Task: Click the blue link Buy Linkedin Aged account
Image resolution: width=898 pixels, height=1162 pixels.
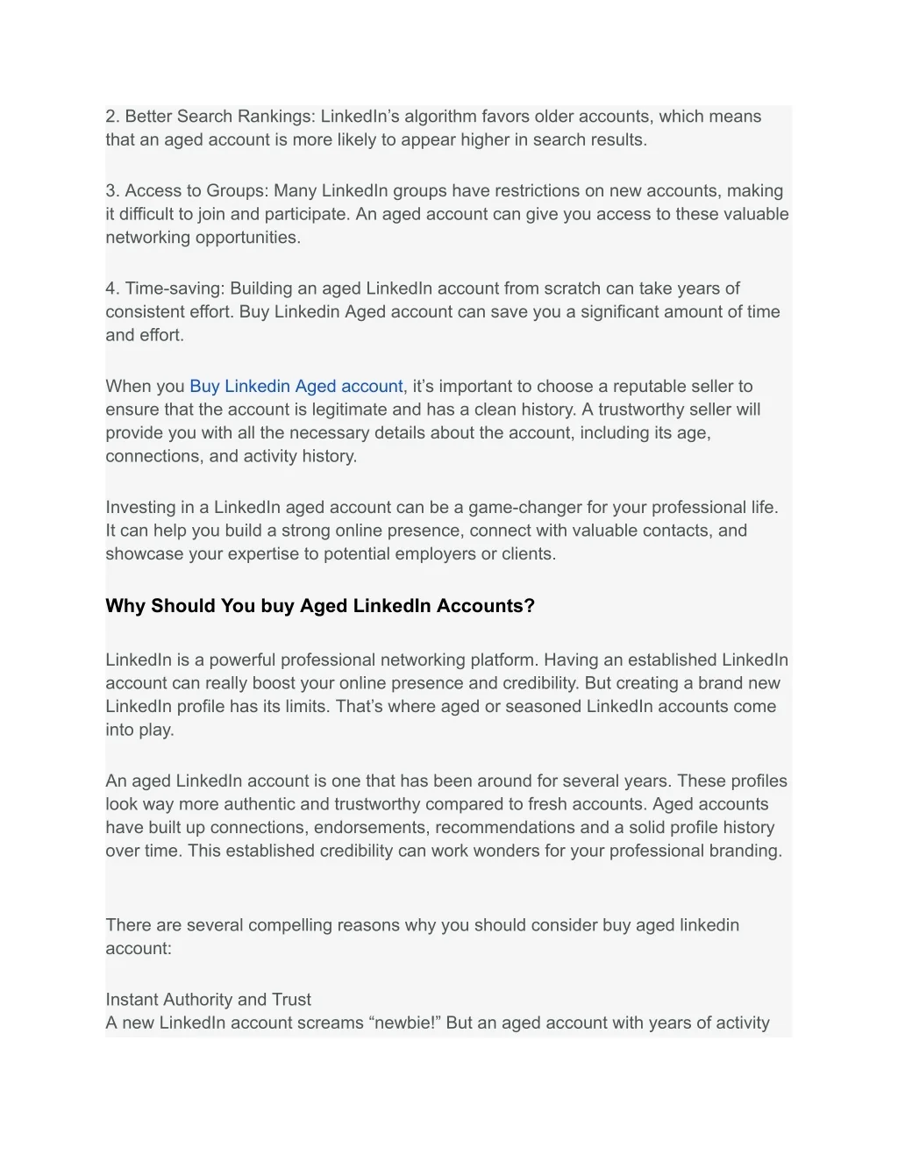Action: (296, 387)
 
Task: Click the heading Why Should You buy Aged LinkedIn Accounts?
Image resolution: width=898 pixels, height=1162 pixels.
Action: (319, 606)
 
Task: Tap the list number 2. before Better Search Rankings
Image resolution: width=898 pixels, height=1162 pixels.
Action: (112, 117)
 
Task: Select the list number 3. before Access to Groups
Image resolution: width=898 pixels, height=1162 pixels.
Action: (112, 191)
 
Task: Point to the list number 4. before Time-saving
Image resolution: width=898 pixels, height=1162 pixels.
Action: (112, 289)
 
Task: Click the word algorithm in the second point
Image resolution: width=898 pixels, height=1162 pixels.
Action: (440, 117)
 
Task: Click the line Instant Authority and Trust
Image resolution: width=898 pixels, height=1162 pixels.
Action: (208, 1000)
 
